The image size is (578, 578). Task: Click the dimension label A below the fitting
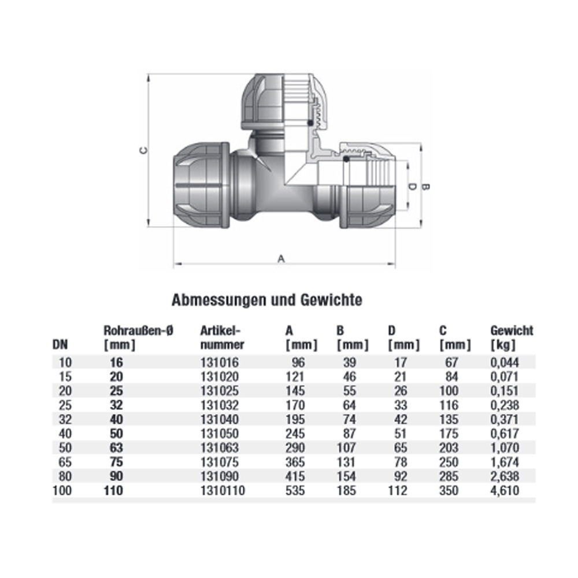coord(281,260)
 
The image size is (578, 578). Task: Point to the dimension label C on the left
coord(144,150)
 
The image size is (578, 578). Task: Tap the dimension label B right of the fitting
coord(427,187)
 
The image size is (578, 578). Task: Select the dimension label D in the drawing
coord(412,187)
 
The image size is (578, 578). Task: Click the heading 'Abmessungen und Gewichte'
coord(267,300)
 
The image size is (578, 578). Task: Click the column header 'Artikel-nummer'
coord(221,338)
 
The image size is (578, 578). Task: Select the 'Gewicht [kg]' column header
coord(512,338)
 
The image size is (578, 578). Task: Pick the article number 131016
coord(218,363)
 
